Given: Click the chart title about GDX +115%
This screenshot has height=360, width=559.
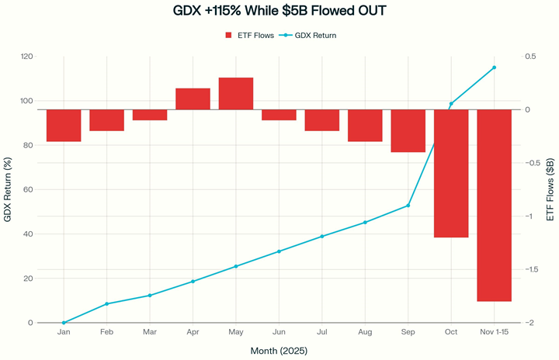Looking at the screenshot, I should tap(279, 12).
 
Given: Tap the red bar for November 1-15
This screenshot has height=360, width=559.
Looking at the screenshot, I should tap(494, 205).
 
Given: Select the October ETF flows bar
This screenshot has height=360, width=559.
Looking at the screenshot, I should tap(451, 173).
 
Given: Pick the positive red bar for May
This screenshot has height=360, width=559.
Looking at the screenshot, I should tap(236, 94).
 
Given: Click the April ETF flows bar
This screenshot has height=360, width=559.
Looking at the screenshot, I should tap(193, 99).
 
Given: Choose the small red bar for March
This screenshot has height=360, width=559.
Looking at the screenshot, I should tap(150, 115).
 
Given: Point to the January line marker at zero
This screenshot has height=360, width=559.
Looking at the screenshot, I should tap(64, 323).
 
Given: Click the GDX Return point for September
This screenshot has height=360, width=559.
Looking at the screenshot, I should tap(408, 206).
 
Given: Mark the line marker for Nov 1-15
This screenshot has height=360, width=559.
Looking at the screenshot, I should tap(494, 67).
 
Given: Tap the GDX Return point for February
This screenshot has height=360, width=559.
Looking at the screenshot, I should tap(106, 304).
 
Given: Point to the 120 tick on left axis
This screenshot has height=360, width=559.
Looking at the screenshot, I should tap(26, 57).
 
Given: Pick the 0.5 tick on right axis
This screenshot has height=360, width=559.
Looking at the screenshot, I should tap(532, 57).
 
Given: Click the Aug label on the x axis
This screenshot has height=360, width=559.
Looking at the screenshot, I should tap(365, 332).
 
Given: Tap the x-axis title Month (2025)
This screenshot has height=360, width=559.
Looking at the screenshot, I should tap(279, 351).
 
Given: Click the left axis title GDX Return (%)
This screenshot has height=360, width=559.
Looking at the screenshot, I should tap(8, 189).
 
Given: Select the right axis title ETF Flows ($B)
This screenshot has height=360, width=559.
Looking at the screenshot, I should tap(550, 189).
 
